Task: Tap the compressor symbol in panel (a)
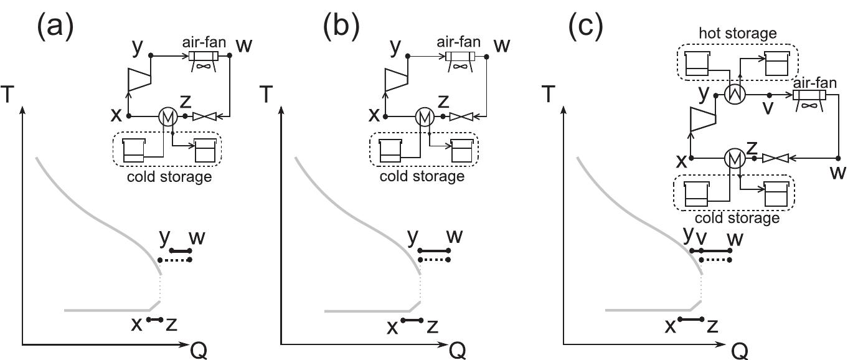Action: (136, 79)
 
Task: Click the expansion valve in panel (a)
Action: (204, 116)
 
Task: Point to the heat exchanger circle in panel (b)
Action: (424, 116)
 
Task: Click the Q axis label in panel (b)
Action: (456, 351)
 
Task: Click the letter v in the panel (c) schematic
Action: (770, 109)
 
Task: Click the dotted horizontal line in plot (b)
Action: (433, 260)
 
